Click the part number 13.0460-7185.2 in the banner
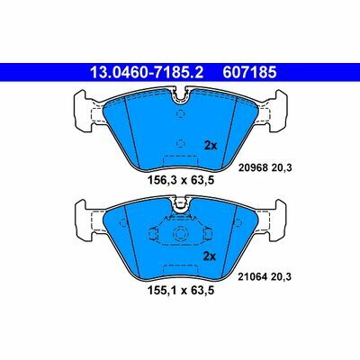(x=147, y=72)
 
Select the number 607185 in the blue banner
(x=249, y=72)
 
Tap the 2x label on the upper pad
(x=211, y=146)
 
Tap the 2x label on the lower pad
(x=210, y=256)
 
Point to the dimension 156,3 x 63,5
(x=181, y=180)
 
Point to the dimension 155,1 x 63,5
(x=181, y=291)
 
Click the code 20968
(x=253, y=168)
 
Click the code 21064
(x=252, y=276)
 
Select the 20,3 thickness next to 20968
(x=282, y=168)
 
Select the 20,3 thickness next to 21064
(x=281, y=276)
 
